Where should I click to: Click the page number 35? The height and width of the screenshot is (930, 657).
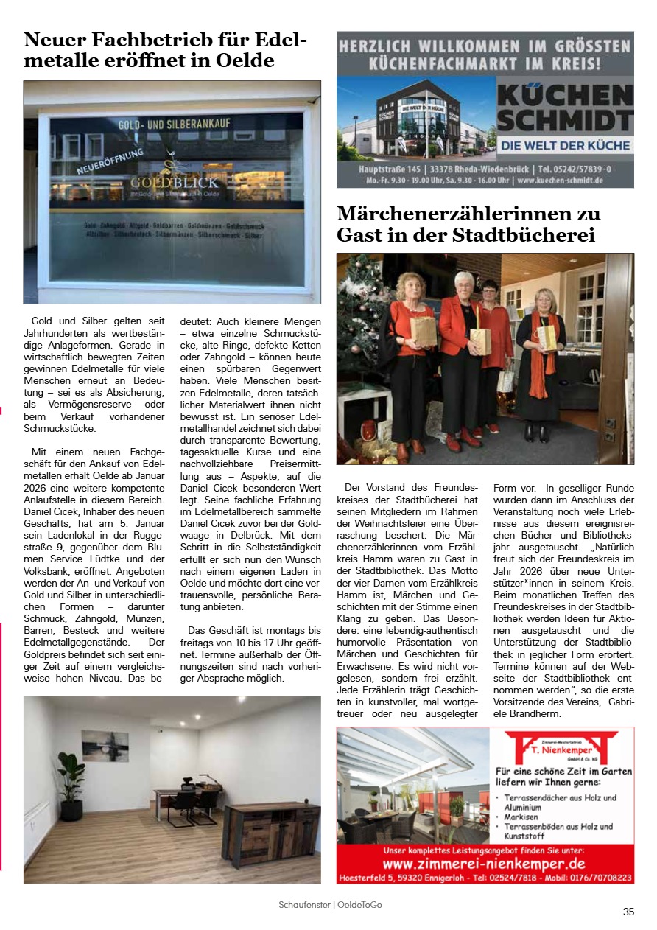pos(628,912)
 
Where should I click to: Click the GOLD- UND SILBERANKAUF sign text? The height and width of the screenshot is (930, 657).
pos(172,125)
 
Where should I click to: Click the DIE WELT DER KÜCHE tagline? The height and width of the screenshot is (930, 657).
pos(565,146)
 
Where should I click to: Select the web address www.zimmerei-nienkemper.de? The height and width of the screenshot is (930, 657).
pos(484,864)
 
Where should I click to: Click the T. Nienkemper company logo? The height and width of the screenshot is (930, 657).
pos(561,747)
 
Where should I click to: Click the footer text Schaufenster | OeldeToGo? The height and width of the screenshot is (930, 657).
pos(330,904)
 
